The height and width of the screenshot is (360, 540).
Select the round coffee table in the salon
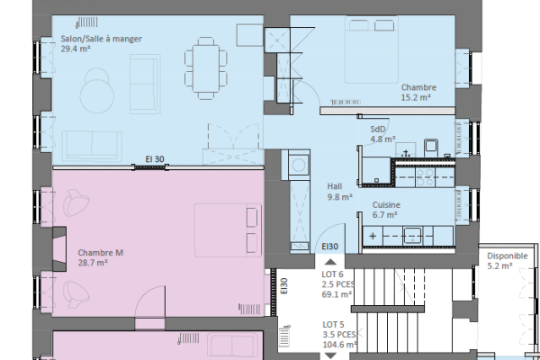point(96,93)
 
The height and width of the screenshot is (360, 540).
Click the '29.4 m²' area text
point(76,49)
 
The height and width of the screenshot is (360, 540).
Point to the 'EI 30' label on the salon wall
point(155,159)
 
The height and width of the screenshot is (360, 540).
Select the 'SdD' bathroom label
point(378,129)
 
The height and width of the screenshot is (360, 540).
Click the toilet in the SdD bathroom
point(430,146)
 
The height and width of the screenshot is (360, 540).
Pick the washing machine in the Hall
point(297,163)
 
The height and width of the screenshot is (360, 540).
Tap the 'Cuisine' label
point(387,205)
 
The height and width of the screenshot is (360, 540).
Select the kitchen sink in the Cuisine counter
point(413,238)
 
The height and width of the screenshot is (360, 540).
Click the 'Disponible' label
point(508,256)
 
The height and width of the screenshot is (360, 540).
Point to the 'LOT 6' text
point(334,274)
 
